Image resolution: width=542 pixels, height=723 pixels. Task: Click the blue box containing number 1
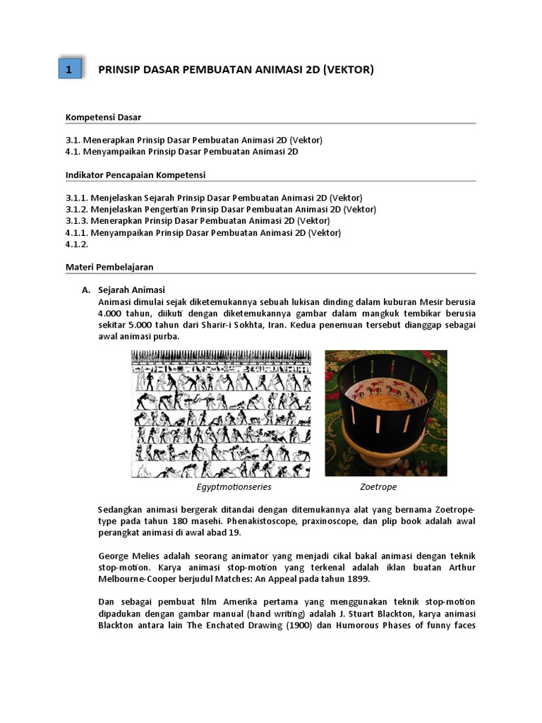(x=68, y=69)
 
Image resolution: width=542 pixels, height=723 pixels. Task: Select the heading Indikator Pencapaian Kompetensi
(x=135, y=174)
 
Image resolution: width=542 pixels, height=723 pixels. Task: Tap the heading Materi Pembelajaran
(x=109, y=267)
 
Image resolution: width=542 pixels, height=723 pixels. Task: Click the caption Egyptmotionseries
(x=234, y=487)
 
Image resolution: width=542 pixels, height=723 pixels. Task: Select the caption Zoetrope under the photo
(x=378, y=487)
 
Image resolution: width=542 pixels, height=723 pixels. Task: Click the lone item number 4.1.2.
(x=77, y=244)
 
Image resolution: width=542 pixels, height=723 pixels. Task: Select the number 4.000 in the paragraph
(x=112, y=313)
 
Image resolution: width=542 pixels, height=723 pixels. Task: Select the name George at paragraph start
(x=114, y=556)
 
